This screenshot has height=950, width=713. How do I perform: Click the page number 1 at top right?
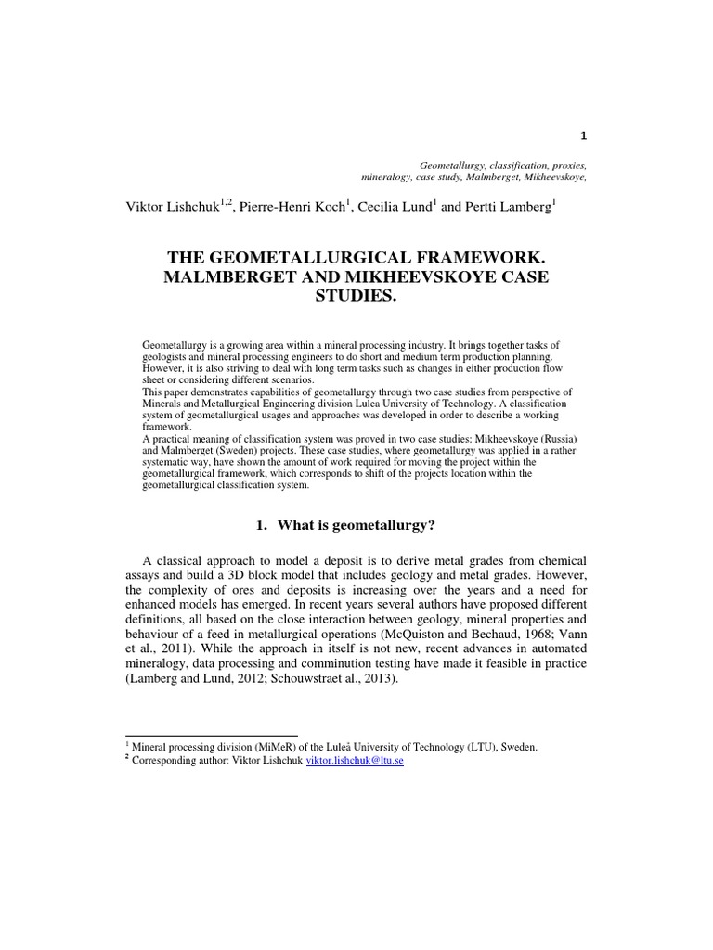[x=583, y=135]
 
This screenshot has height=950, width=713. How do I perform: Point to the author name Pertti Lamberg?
[x=507, y=206]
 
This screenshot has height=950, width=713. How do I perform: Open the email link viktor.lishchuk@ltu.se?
[x=355, y=759]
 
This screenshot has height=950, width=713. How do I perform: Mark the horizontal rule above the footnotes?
[x=211, y=735]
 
